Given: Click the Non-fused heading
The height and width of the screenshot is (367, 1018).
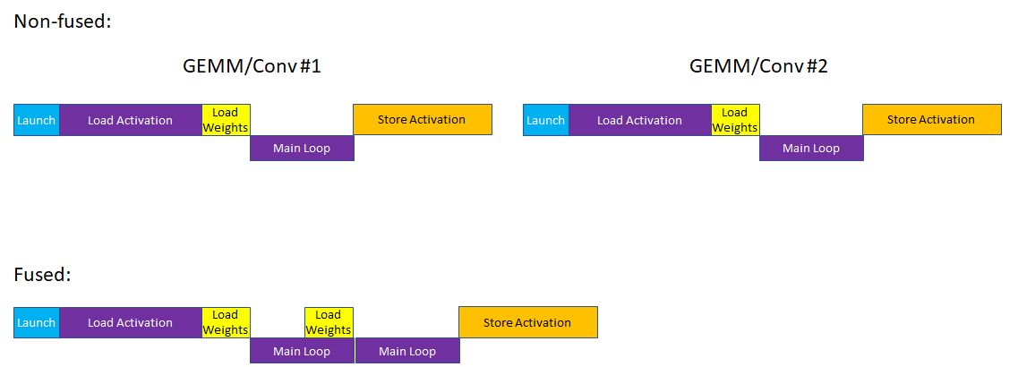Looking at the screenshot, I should (63, 21).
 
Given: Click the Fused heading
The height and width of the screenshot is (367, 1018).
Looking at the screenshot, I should (42, 275).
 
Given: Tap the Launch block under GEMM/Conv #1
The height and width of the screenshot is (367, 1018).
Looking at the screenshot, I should (37, 120).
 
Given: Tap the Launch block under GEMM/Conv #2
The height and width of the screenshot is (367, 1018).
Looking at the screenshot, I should (545, 120).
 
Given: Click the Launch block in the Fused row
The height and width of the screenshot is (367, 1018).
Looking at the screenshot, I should (37, 322).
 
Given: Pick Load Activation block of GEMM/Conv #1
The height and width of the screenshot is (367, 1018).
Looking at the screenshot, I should (130, 120).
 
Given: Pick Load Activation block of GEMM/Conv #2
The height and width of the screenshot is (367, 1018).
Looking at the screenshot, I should (639, 120).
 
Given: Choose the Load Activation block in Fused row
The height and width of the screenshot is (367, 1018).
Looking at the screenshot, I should (130, 322).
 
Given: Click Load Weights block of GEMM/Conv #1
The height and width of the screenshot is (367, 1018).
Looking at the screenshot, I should (226, 120).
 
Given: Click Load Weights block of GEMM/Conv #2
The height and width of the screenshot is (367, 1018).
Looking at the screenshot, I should (735, 120).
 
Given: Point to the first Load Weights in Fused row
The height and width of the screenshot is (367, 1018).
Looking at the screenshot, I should (226, 322).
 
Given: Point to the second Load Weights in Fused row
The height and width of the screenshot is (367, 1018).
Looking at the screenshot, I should (329, 322).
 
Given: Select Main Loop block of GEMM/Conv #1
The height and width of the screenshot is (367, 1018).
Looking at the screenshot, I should (302, 148).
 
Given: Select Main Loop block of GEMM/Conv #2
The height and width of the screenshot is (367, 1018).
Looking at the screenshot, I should (811, 148).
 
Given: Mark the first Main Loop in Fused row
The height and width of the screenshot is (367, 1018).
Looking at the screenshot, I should (302, 351).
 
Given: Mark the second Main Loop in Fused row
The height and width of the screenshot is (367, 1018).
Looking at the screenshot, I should (407, 351).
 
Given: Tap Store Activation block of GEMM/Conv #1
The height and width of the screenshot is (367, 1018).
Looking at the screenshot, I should (422, 120).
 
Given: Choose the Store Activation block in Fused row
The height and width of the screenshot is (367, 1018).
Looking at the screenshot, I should (527, 322).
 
